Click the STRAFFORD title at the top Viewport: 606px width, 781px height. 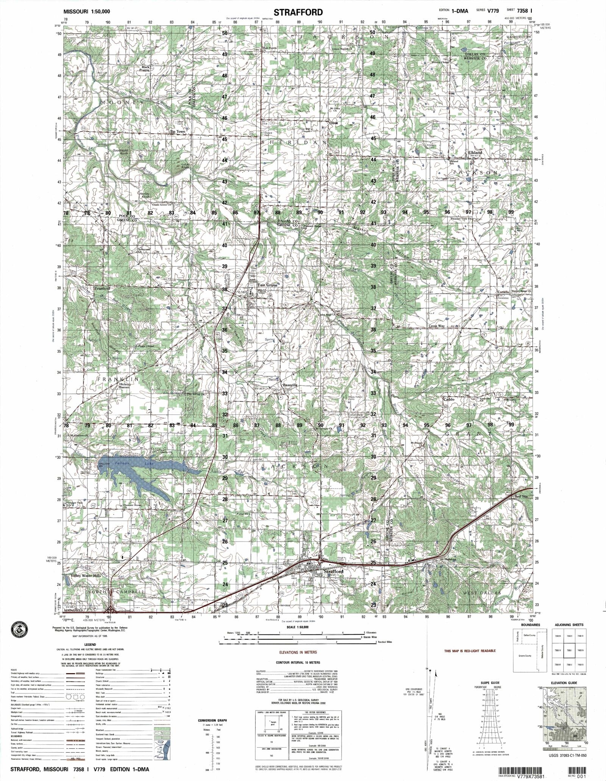(x=298, y=12)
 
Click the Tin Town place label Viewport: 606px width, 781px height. (x=178, y=132)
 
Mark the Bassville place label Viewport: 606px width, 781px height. (x=291, y=385)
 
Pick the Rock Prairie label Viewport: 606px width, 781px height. (x=146, y=69)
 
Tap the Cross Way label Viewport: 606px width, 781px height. (x=436, y=326)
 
